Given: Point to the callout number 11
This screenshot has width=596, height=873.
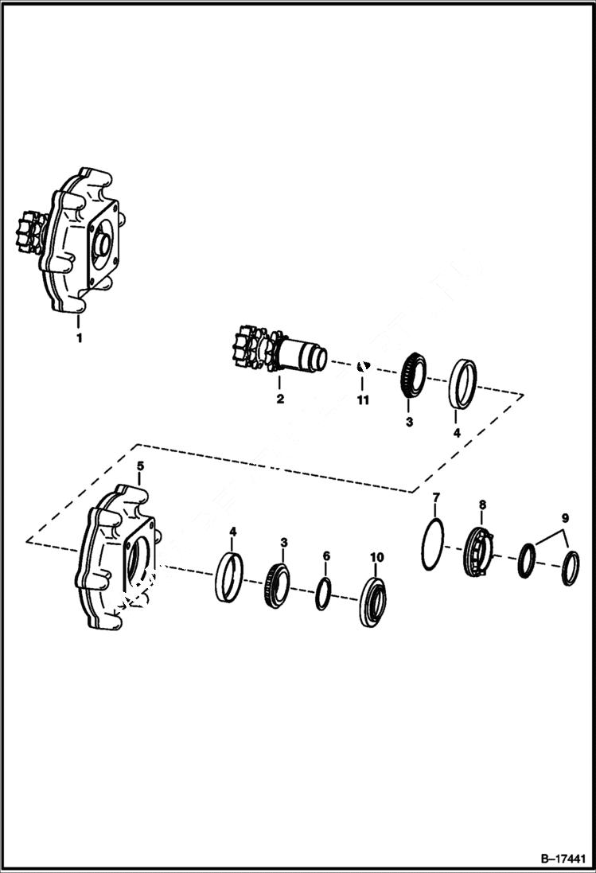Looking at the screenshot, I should tap(363, 400).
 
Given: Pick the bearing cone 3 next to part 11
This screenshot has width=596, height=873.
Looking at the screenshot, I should tap(412, 380).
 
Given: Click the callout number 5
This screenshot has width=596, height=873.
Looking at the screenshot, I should tap(140, 465).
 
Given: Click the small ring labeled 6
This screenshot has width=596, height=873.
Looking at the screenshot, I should tap(322, 593).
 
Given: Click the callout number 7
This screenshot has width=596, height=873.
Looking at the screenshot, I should tap(435, 499).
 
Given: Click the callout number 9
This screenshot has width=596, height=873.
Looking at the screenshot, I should tap(563, 518).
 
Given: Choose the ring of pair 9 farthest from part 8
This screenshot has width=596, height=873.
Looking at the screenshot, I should tap(570, 566).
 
